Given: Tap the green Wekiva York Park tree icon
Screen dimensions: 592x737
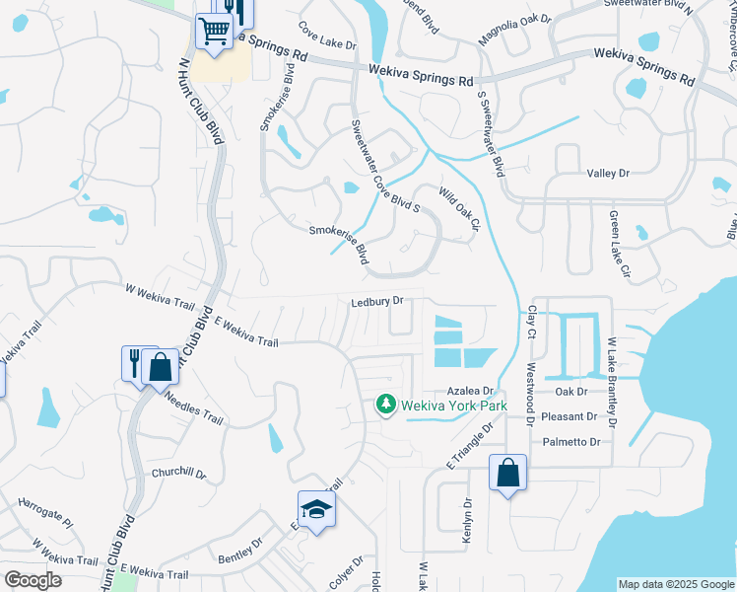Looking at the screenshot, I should [386, 405].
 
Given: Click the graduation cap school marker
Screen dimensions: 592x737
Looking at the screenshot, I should [317, 509].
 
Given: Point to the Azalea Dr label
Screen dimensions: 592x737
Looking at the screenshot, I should [469, 391].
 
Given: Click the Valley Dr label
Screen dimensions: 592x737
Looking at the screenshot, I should [607, 174].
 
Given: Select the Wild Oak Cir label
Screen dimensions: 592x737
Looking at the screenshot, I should [458, 211].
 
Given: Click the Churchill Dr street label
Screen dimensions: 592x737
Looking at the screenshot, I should [178, 474].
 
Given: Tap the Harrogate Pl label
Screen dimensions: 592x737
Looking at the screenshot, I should [45, 511].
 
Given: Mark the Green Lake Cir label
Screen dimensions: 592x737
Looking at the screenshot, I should [613, 241].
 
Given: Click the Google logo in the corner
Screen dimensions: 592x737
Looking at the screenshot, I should [33, 580].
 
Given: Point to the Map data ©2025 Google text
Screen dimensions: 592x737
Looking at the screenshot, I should [675, 584].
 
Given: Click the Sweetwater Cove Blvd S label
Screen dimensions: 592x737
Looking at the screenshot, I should [386, 167].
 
